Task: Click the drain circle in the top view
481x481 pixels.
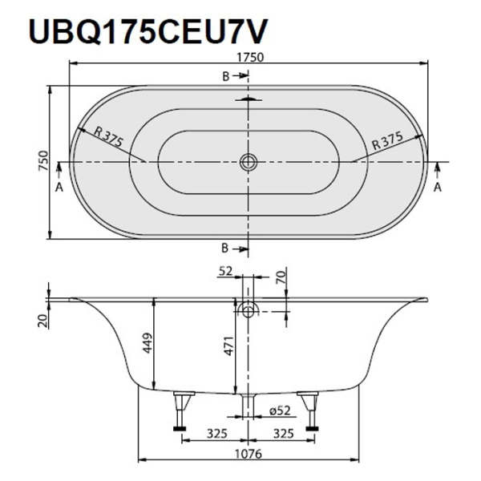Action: [x=249, y=162]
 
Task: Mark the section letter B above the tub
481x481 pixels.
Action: [x=226, y=75]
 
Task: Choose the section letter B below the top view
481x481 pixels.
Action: [x=226, y=247]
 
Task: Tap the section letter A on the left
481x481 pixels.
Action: [x=58, y=186]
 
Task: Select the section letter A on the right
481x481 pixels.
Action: [x=438, y=186]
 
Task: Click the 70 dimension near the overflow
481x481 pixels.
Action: [x=280, y=277]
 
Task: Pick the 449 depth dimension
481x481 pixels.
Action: [x=145, y=343]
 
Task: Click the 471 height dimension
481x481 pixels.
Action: [x=227, y=347]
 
